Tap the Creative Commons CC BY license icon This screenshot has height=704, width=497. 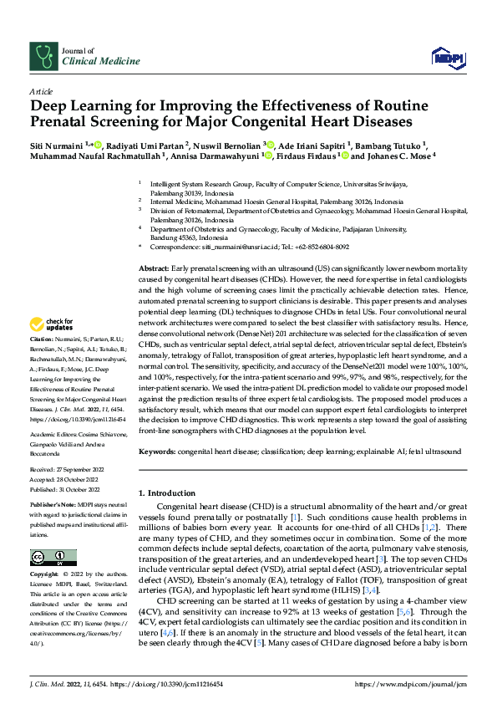click(x=53, y=558)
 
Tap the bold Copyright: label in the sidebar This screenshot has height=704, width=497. click(x=46, y=574)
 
